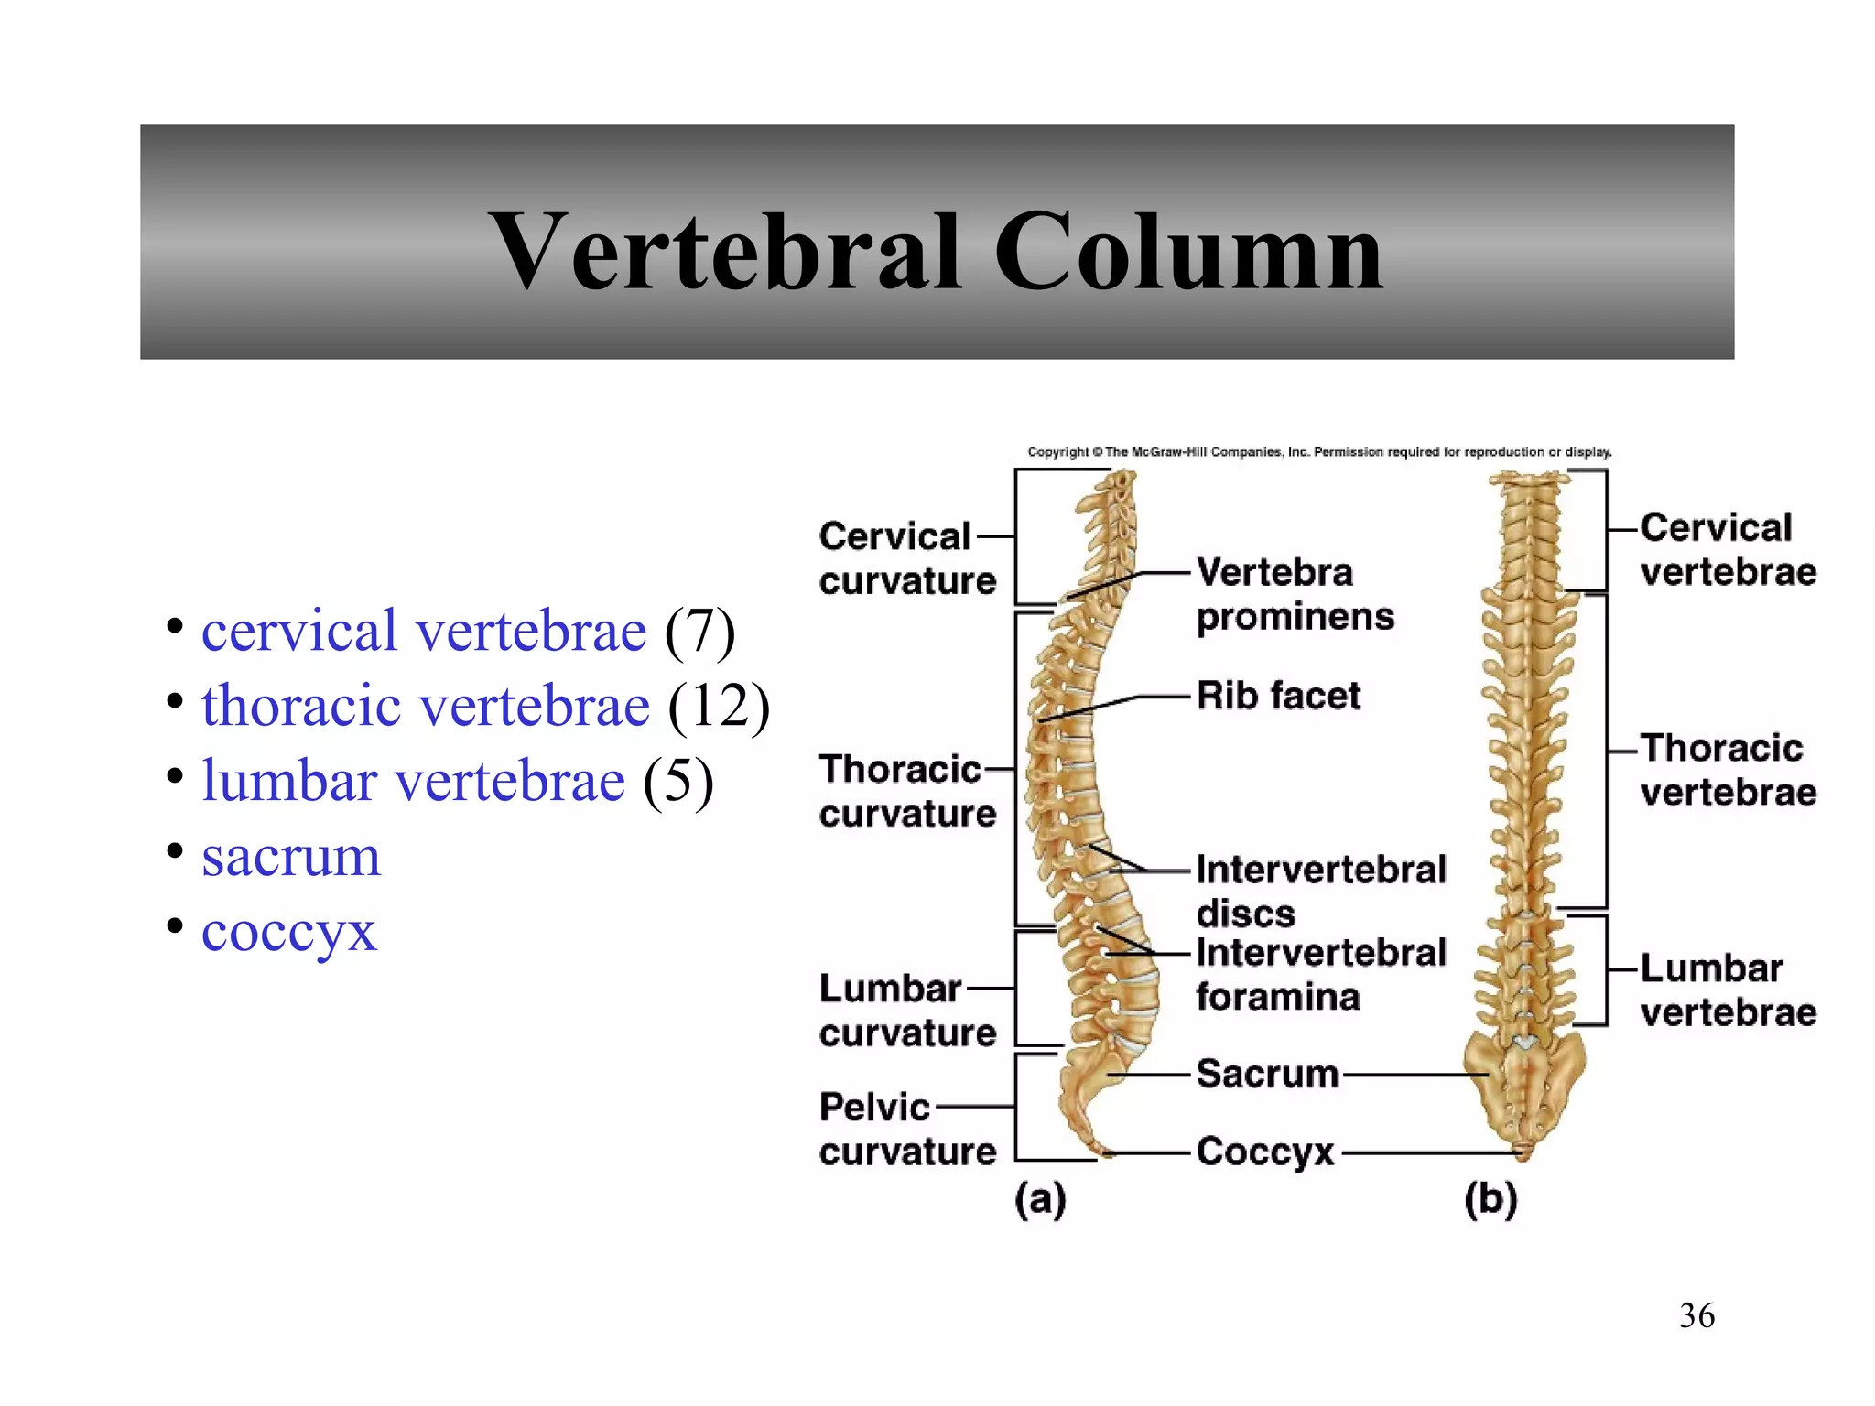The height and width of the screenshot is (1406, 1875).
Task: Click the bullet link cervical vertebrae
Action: coord(423,631)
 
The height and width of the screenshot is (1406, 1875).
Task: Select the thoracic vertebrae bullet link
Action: coord(425,706)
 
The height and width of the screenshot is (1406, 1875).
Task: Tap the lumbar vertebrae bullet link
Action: coord(413,781)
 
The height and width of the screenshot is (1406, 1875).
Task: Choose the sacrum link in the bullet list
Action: coord(290,857)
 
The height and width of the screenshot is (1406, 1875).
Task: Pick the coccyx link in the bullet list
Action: coord(288,932)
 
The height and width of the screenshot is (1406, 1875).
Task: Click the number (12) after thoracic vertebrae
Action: coord(719,706)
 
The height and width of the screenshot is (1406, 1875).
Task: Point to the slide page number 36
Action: coord(1696,1315)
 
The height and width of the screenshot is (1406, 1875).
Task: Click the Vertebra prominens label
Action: coord(1295,594)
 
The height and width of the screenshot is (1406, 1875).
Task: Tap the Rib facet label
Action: coord(1278,696)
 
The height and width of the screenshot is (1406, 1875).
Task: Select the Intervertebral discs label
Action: coord(1320,890)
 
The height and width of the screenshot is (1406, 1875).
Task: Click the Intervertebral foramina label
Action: coord(1320,974)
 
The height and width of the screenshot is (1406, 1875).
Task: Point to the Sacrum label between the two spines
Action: coord(1267,1074)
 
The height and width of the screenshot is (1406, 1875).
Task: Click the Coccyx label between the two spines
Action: coord(1265,1152)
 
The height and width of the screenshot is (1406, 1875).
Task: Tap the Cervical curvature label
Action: coord(906,558)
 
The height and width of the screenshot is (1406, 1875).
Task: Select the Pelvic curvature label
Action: coord(906,1129)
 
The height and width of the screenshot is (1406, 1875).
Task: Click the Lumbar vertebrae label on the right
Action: coord(1728,990)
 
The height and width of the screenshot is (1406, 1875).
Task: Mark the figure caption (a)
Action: coord(1040,1199)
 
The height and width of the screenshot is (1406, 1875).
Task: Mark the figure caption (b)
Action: coord(1490,1199)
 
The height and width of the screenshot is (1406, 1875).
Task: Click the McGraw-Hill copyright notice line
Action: coord(1318,452)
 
